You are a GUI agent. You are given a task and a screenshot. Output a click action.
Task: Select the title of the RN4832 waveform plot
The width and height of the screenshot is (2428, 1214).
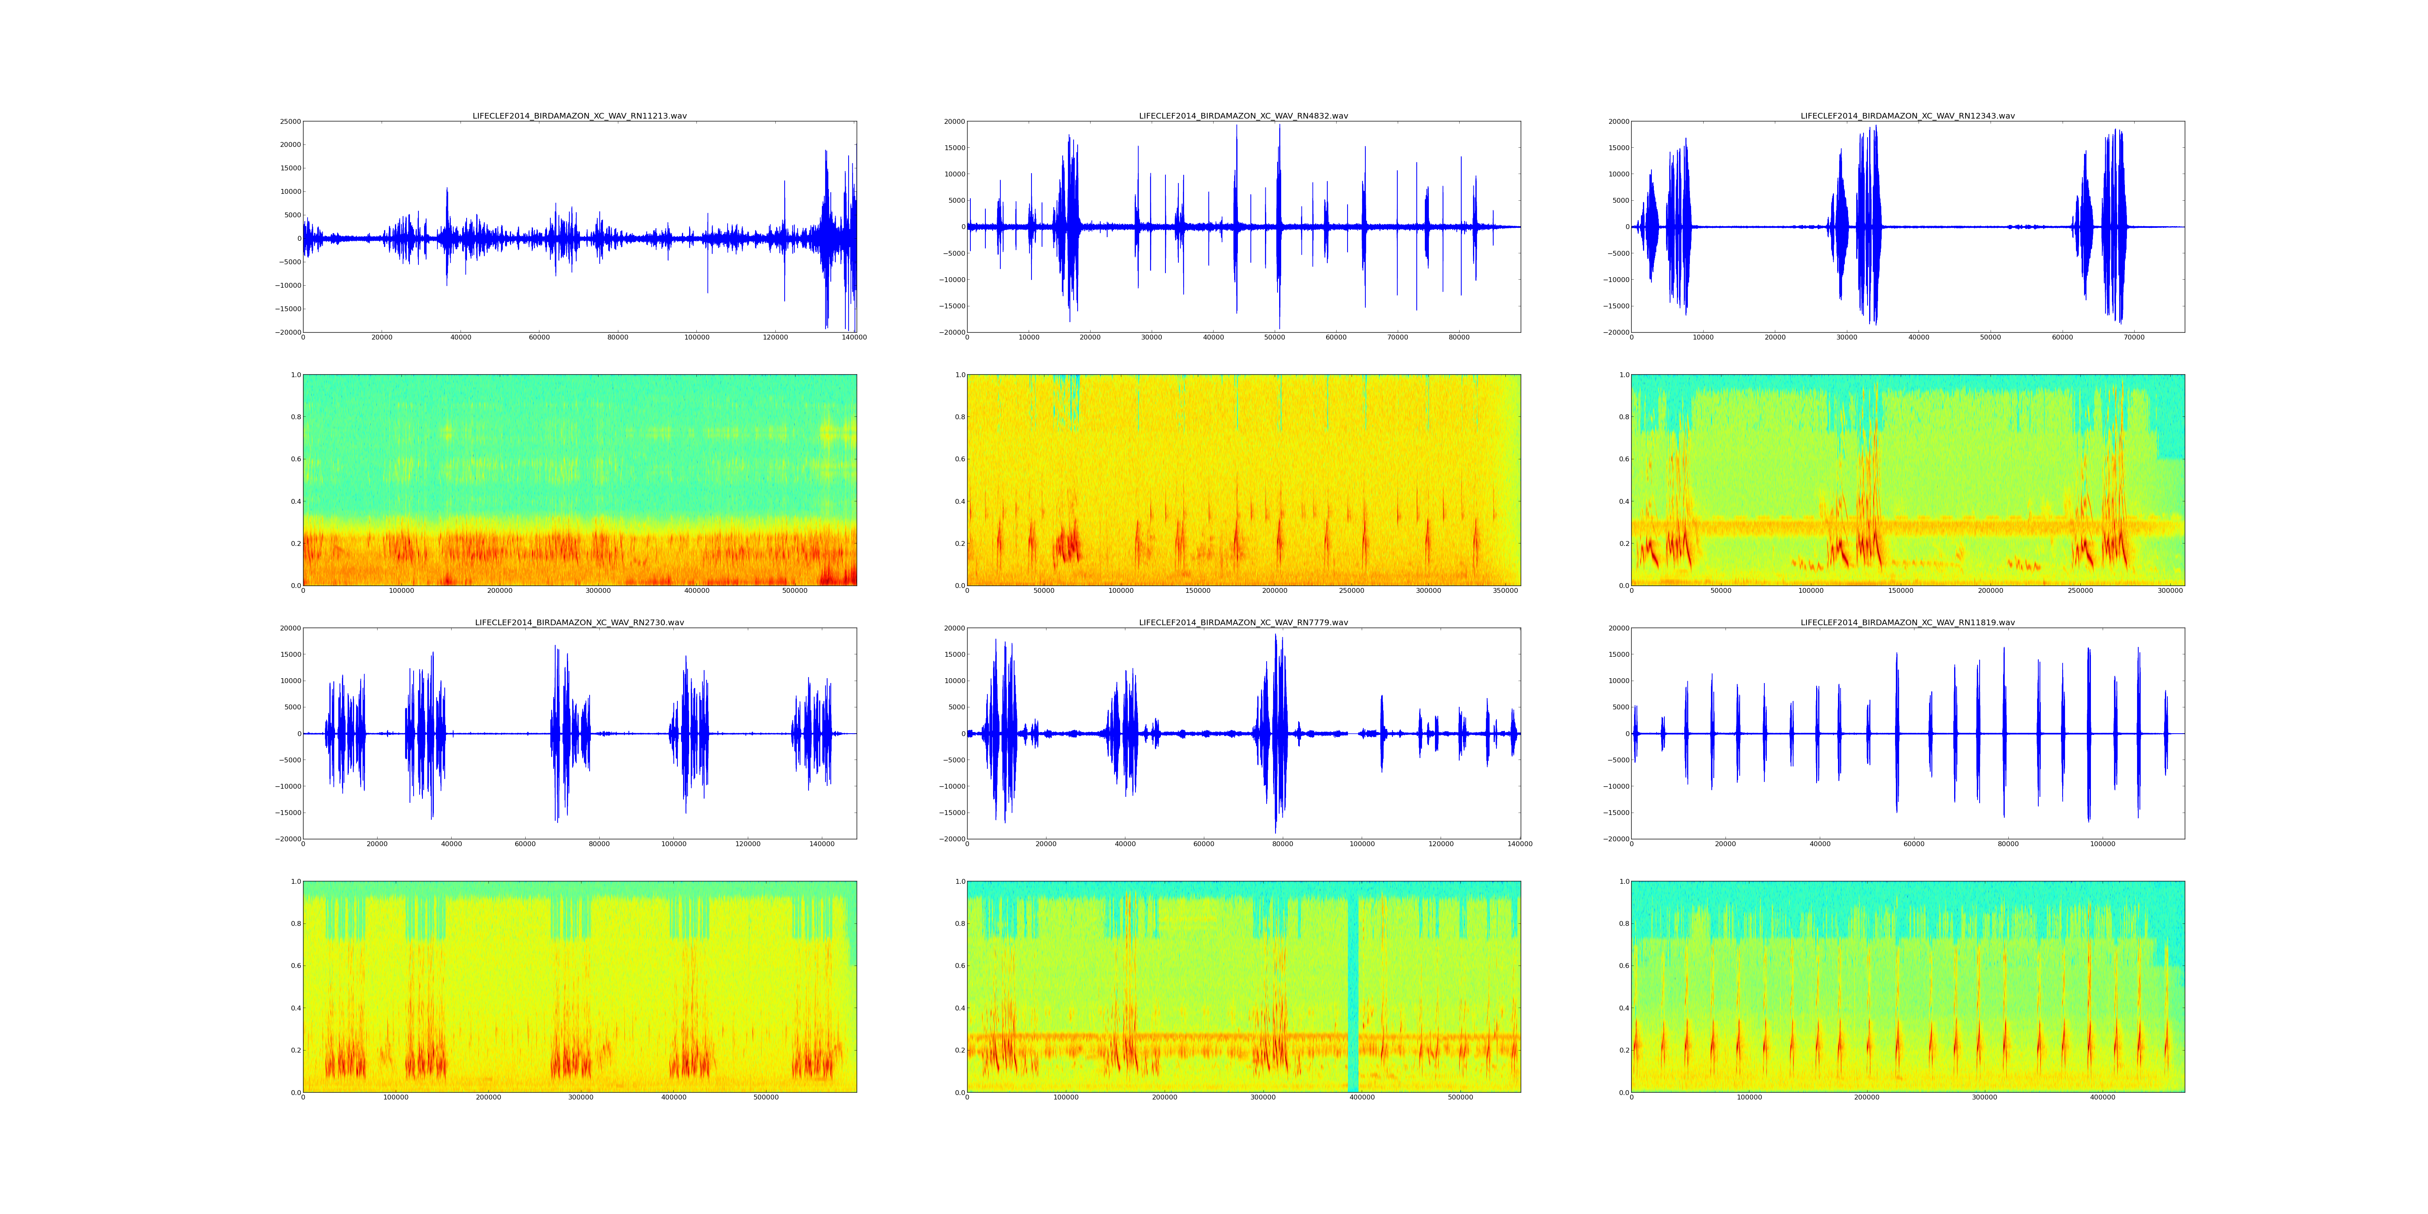(1243, 116)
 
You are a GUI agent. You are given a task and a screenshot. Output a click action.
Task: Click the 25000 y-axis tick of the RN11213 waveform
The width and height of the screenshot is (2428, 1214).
(289, 121)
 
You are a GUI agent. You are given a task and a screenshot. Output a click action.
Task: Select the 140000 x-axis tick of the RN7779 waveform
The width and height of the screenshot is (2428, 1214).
(1520, 845)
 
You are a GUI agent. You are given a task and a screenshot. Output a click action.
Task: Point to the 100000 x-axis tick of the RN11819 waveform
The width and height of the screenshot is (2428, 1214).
(2102, 845)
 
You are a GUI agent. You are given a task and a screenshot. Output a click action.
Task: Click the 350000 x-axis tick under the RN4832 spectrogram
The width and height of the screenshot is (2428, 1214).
(1505, 591)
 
